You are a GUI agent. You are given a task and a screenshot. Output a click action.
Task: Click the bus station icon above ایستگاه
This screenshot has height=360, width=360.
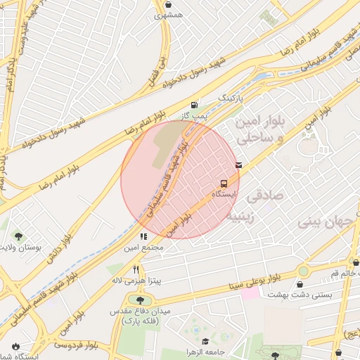click(x=223, y=180)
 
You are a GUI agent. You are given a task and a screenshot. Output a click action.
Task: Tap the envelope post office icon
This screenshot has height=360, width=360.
click(x=239, y=165)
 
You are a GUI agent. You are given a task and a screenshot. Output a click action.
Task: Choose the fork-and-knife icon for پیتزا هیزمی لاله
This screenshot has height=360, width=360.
click(x=136, y=269)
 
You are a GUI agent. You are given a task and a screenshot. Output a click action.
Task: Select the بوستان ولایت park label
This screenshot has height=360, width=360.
click(x=21, y=248)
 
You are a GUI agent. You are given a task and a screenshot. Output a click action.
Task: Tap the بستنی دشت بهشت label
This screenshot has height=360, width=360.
click(x=326, y=295)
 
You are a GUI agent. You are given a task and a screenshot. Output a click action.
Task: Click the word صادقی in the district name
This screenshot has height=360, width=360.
click(x=267, y=195)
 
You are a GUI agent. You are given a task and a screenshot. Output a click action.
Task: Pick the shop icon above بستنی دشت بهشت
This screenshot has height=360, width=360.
click(x=301, y=284)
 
